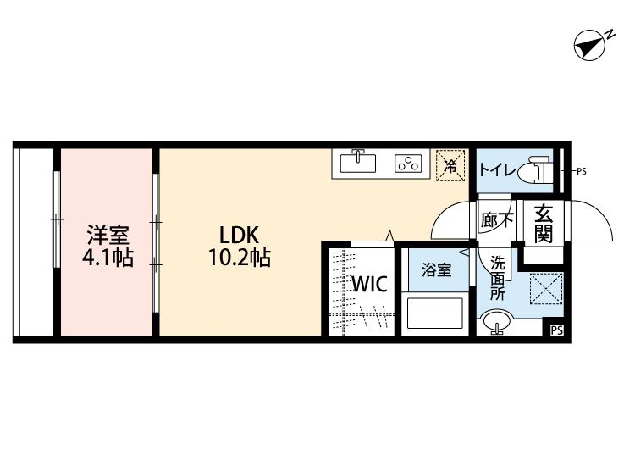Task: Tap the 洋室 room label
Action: (x=108, y=235)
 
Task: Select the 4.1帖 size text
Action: (x=108, y=258)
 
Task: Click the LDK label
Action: (x=239, y=235)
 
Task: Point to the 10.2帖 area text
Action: (x=240, y=257)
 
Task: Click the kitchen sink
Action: (x=357, y=162)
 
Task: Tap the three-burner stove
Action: (x=408, y=164)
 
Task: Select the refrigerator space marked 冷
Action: (x=450, y=165)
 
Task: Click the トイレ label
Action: (x=498, y=169)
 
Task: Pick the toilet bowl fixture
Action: (x=533, y=171)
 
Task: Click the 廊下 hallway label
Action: (x=497, y=220)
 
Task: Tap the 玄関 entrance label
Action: (x=544, y=224)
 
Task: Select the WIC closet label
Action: (x=370, y=284)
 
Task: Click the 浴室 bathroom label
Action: (x=437, y=270)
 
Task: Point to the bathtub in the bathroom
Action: (x=435, y=313)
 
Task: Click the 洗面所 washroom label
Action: (x=498, y=278)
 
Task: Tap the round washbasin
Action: (x=497, y=320)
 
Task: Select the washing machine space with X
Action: (x=546, y=289)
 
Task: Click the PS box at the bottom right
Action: (x=557, y=330)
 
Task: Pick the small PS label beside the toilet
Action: (x=581, y=171)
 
